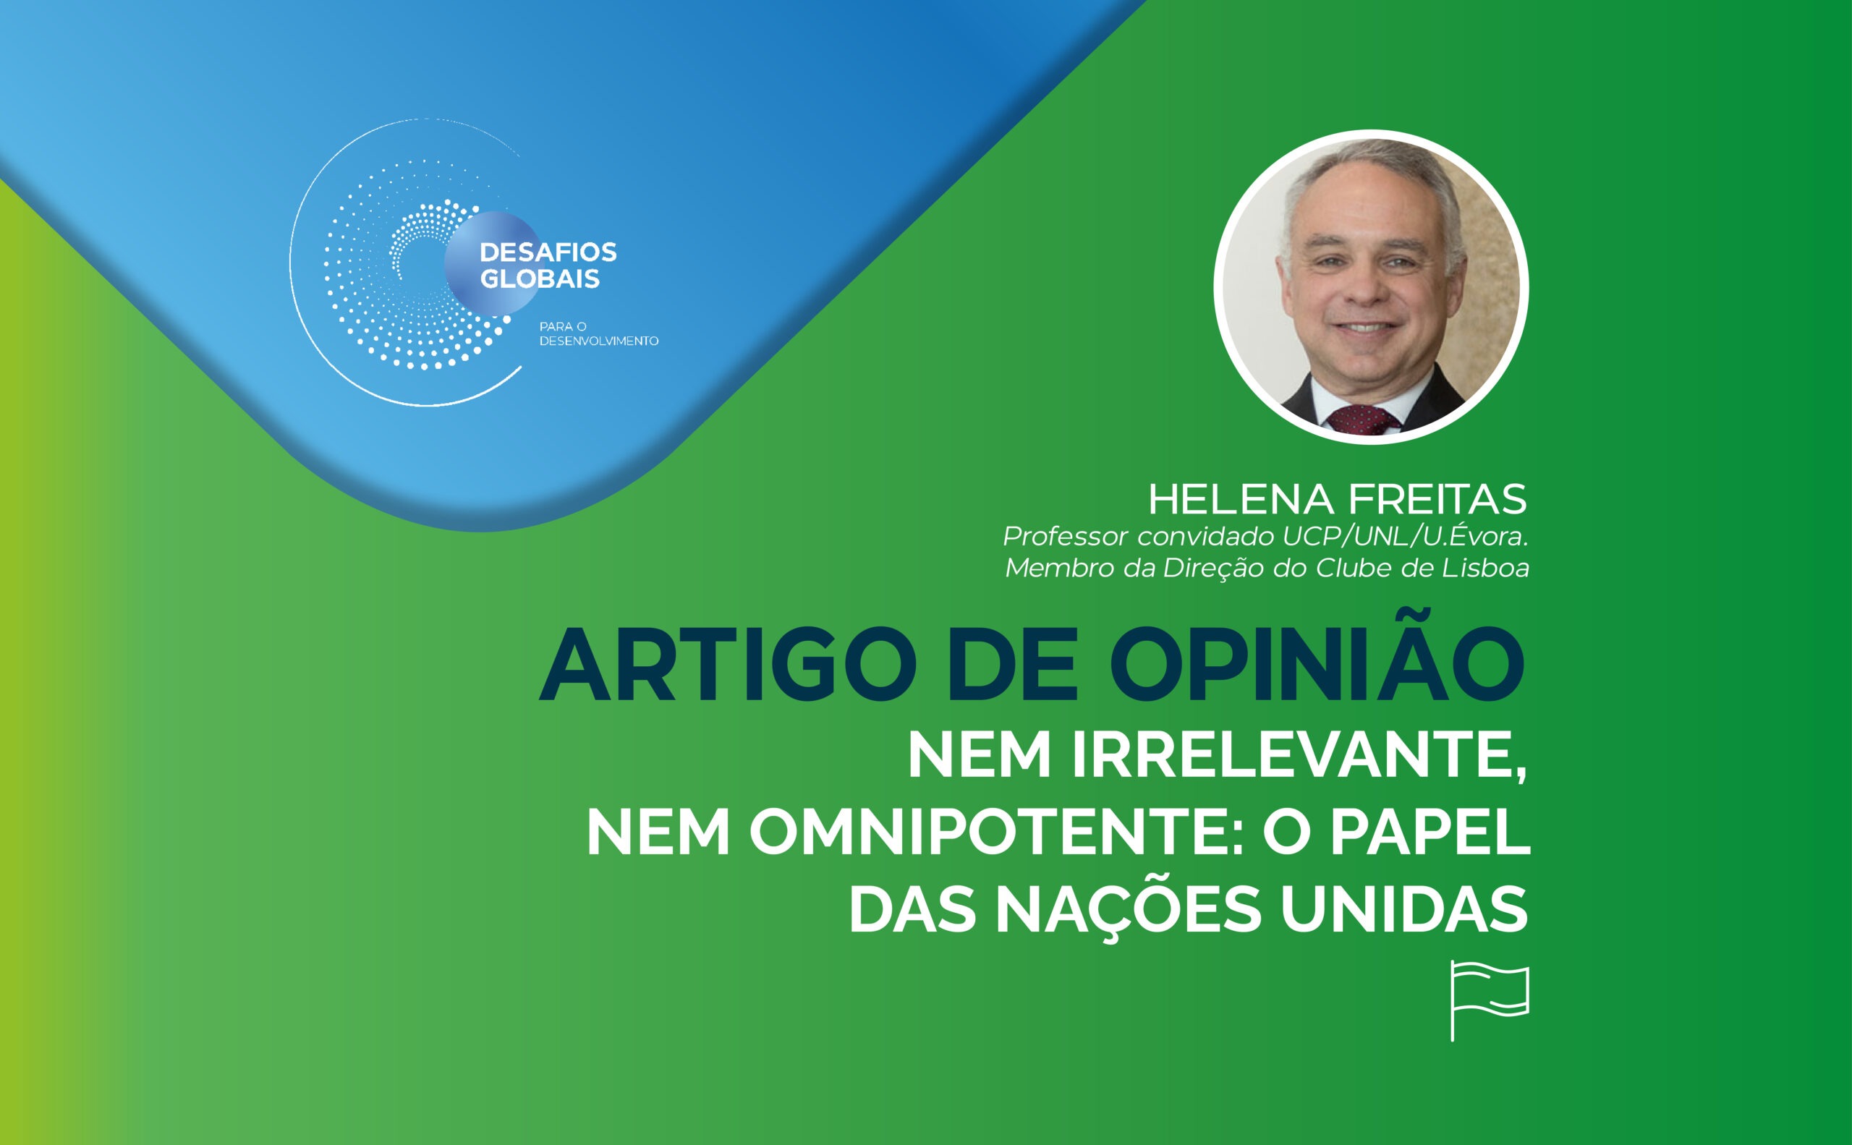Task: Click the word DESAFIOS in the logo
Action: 548,252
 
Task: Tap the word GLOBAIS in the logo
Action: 540,279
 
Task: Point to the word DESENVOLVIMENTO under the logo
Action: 598,341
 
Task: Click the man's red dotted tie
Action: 1360,420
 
